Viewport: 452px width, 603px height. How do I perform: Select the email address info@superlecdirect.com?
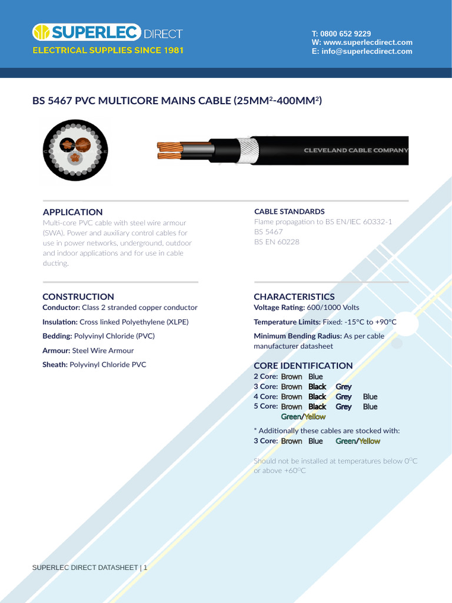367,51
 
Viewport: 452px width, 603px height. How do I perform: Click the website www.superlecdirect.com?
368,42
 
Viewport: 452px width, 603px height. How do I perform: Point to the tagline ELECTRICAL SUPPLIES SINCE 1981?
108,51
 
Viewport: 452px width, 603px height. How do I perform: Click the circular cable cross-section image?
75,150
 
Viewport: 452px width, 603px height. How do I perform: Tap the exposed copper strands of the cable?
171,150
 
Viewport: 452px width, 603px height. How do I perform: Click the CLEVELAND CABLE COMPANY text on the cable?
355,150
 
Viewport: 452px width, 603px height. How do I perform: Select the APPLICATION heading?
72,212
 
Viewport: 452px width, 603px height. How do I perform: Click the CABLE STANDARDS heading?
289,211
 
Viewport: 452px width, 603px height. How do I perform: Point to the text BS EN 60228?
277,241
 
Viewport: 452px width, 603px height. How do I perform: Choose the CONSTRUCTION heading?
78,297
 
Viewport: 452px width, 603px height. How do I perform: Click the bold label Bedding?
57,336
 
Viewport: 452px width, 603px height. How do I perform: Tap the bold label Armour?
56,350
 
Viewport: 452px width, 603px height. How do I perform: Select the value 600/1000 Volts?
333,307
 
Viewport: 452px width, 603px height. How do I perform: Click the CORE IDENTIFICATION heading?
303,366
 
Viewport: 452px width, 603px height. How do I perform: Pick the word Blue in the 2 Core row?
315,377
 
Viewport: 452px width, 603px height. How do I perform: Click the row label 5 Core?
265,406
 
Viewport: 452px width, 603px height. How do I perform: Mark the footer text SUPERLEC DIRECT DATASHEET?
85,568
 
